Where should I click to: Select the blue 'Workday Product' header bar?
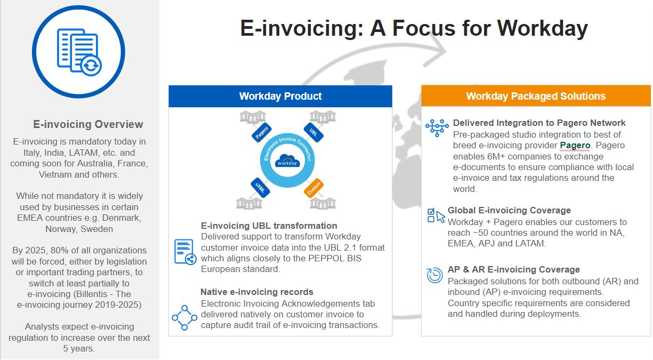pyautogui.click(x=280, y=97)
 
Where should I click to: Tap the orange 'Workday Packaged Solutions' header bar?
pyautogui.click(x=535, y=97)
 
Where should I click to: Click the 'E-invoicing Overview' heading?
pyautogui.click(x=88, y=124)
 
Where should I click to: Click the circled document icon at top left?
pyautogui.click(x=79, y=52)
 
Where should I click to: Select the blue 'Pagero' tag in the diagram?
pyautogui.click(x=261, y=132)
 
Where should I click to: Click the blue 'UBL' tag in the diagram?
pyautogui.click(x=312, y=132)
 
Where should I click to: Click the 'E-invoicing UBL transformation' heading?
pyautogui.click(x=269, y=226)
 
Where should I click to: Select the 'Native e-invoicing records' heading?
pyautogui.click(x=257, y=292)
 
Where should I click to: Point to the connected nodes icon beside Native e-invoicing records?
pyautogui.click(x=184, y=317)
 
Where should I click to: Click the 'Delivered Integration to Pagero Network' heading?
pyautogui.click(x=539, y=123)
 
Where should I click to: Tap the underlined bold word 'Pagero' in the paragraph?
pyautogui.click(x=575, y=145)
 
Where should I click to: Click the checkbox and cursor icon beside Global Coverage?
pyautogui.click(x=436, y=215)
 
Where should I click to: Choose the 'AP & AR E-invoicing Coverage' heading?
pyautogui.click(x=514, y=269)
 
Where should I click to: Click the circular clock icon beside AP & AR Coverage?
pyautogui.click(x=435, y=275)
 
